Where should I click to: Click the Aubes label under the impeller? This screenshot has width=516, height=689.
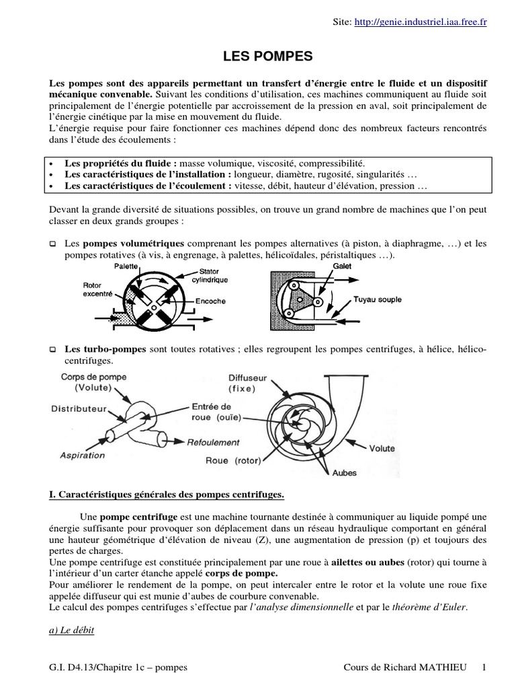345,472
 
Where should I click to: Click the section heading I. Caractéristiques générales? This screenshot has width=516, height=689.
167,496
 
